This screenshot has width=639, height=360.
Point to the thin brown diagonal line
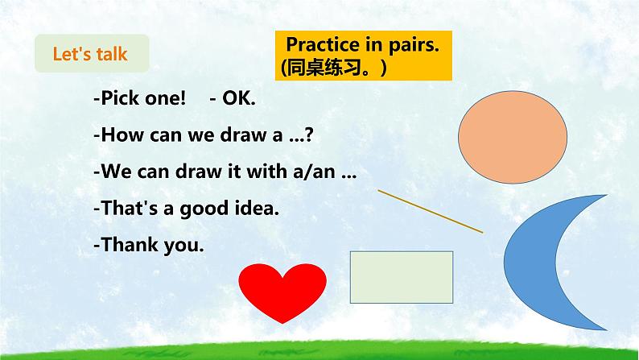[430, 211]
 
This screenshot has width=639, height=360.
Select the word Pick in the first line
[115, 100]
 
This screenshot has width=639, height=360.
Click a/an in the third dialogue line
[320, 173]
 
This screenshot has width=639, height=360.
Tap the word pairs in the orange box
[411, 46]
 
